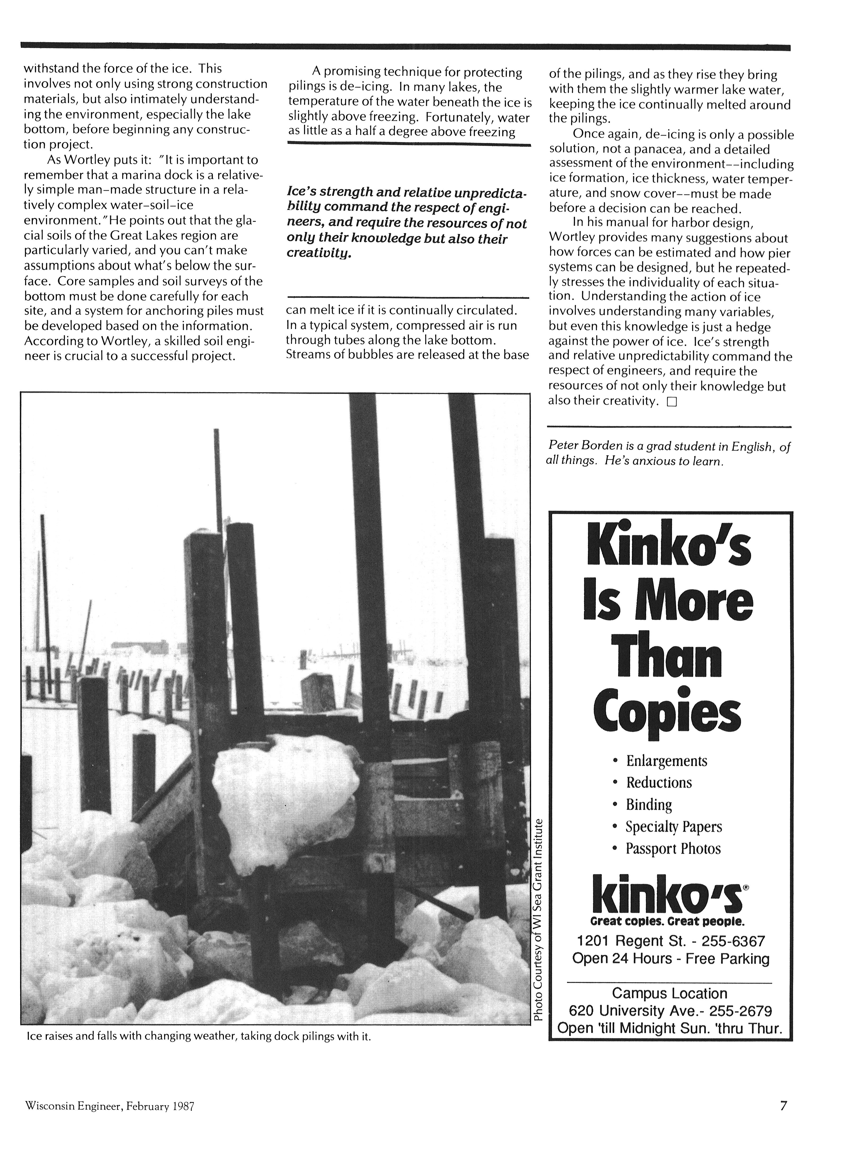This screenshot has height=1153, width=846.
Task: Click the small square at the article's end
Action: coord(671,402)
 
